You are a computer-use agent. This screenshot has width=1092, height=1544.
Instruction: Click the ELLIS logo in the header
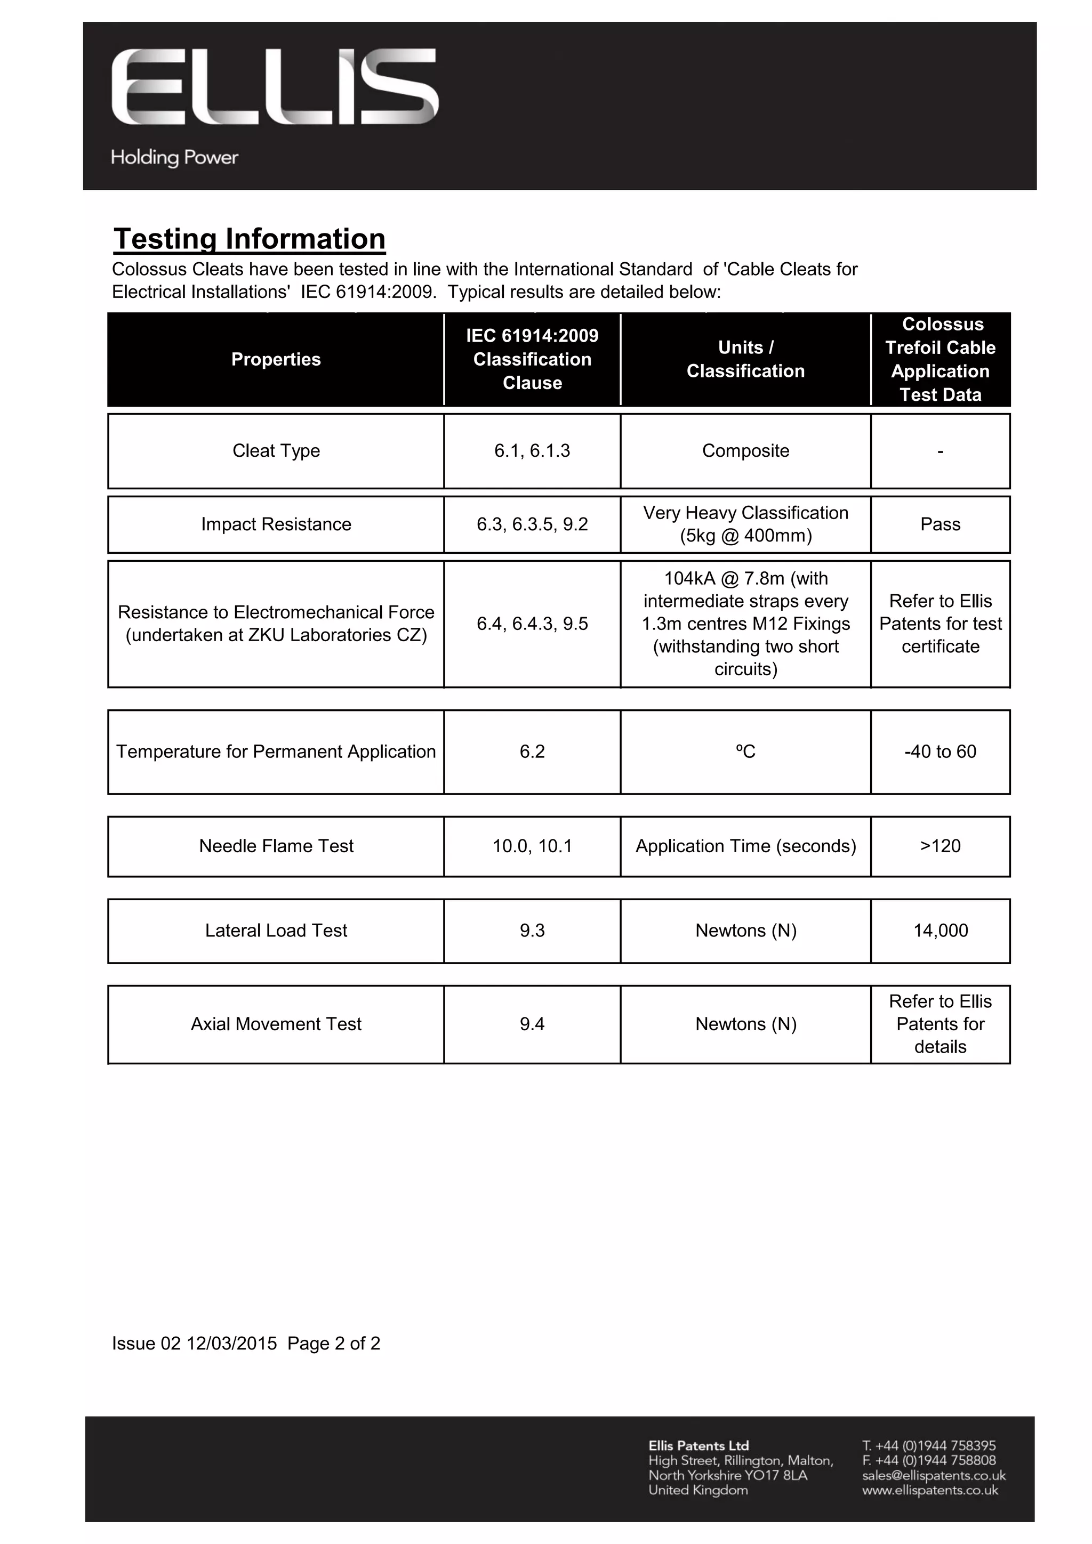pos(275,87)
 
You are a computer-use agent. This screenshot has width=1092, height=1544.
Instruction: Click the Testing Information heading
pos(249,239)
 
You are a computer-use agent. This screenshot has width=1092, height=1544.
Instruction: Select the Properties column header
pos(276,359)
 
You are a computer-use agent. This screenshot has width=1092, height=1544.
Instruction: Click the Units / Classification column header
pos(745,359)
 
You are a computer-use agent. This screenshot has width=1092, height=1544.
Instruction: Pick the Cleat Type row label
pos(276,450)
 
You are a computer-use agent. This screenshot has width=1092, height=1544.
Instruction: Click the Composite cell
pos(745,450)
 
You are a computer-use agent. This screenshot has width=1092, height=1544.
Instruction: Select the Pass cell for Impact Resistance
pos(940,524)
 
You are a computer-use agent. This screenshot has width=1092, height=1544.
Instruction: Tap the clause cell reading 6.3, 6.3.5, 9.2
pos(532,524)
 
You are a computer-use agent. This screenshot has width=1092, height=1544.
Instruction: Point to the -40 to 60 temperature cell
pos(940,752)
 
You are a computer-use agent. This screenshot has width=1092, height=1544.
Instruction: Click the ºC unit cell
pos(745,752)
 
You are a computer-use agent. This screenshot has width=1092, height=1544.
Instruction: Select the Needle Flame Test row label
pos(276,846)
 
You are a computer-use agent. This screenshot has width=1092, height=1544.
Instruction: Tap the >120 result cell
pos(940,846)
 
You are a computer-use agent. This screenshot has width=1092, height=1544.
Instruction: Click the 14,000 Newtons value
pos(940,931)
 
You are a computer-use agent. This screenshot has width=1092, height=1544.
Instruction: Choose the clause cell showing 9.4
pos(532,1024)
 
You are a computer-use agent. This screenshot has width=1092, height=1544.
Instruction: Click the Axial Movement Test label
pos(276,1024)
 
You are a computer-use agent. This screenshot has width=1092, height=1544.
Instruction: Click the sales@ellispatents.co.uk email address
pos(933,1475)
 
